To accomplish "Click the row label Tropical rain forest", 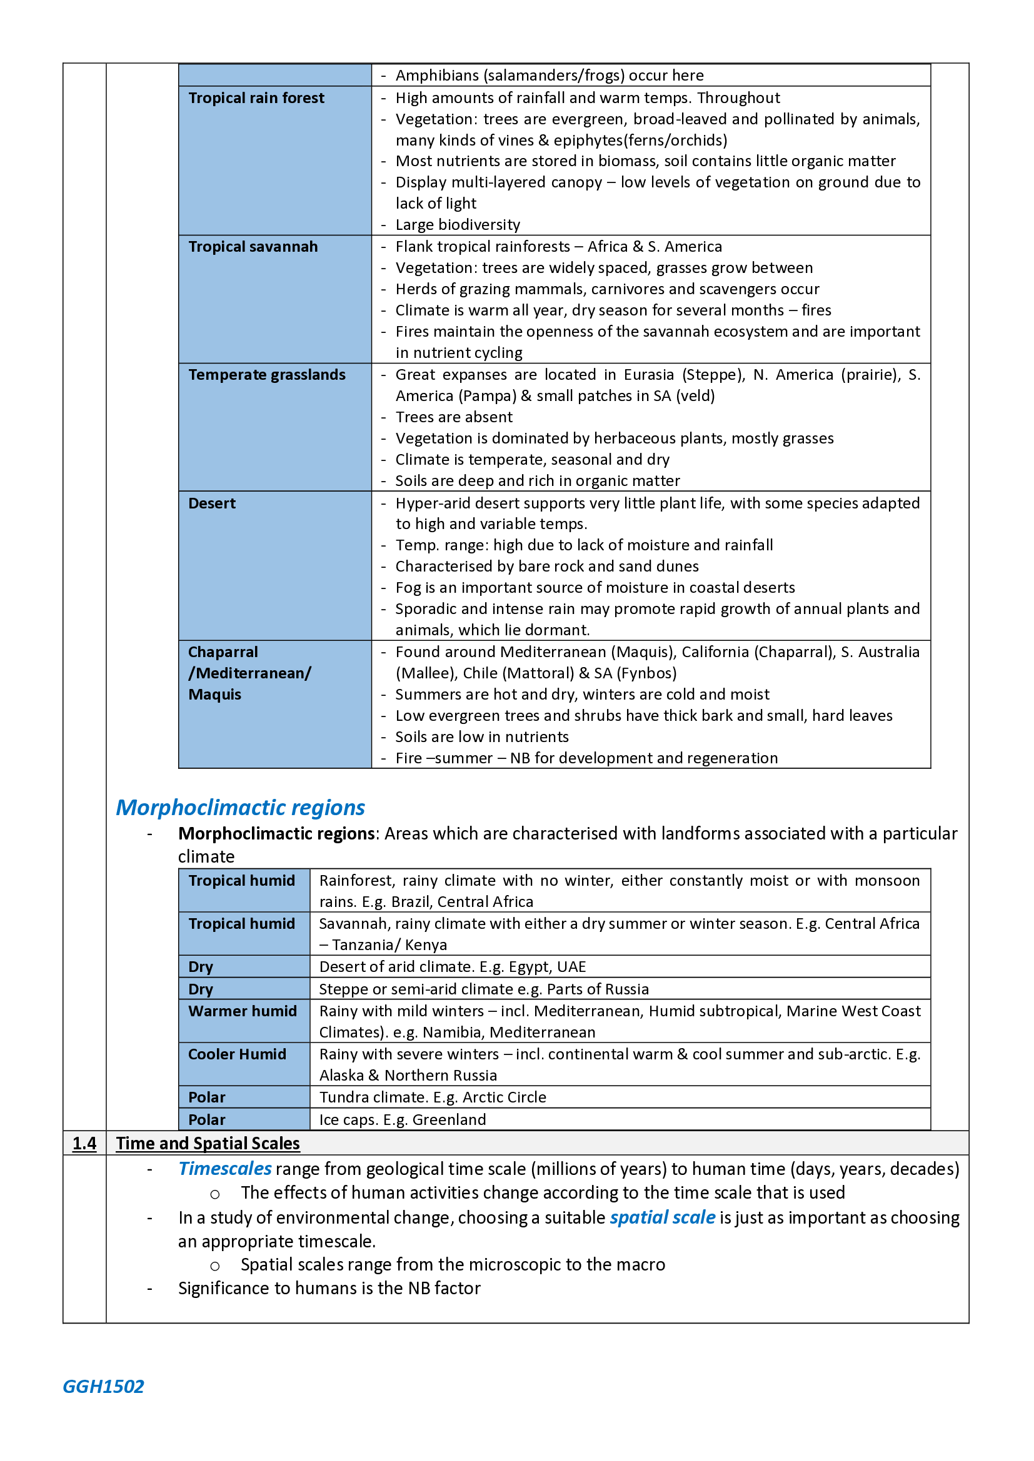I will coord(256,98).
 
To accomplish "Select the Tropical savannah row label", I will coord(253,247).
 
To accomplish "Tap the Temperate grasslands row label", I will coord(267,375).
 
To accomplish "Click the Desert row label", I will coord(212,503).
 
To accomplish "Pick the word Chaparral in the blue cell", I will coord(223,652).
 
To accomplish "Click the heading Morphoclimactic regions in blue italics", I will coord(240,808).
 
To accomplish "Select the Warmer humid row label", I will coord(243,1011).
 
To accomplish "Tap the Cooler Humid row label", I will coord(237,1054).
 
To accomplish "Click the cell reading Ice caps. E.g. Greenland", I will coord(403,1120).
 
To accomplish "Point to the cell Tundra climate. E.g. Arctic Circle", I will coord(433,1097).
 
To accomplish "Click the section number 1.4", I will coord(84,1144).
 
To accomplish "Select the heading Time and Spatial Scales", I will coord(208,1144).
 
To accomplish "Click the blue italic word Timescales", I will coord(225,1169).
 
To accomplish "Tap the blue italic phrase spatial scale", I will coord(662,1217).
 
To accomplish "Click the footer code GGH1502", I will coord(103,1387).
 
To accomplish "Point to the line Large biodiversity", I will coord(457,225).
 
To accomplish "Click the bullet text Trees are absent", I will coord(453,417).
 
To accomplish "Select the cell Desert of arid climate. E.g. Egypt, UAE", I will coord(452,967).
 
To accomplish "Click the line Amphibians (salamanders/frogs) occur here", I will coord(549,76).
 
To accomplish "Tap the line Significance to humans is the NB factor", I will coord(329,1289).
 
